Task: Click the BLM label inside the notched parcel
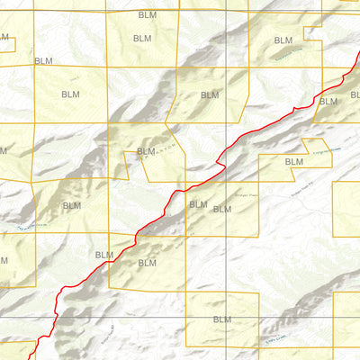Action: point(293,161)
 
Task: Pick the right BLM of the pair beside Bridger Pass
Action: point(220,209)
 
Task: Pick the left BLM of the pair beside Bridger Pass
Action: point(198,204)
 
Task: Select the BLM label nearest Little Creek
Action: point(222,319)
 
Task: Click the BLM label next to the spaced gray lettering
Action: point(145,152)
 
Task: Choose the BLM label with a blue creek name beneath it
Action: point(283,40)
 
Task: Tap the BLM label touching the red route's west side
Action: point(104,255)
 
